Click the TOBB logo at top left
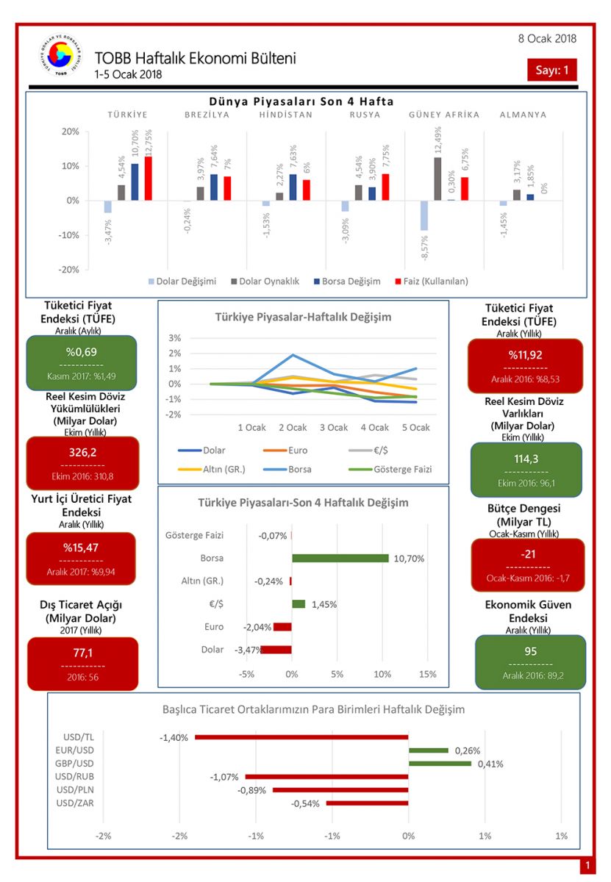62,57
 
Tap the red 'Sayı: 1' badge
551,70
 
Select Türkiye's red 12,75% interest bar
149,179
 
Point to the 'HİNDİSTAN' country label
286,115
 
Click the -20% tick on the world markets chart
69,270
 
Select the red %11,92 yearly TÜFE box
525,365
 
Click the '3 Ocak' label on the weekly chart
333,427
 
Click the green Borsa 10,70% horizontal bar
340,558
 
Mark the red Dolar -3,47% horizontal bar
276,650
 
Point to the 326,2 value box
82,463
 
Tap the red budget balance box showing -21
526,564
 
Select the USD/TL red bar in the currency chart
301,736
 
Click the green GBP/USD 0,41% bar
440,764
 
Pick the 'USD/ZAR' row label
74,803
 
